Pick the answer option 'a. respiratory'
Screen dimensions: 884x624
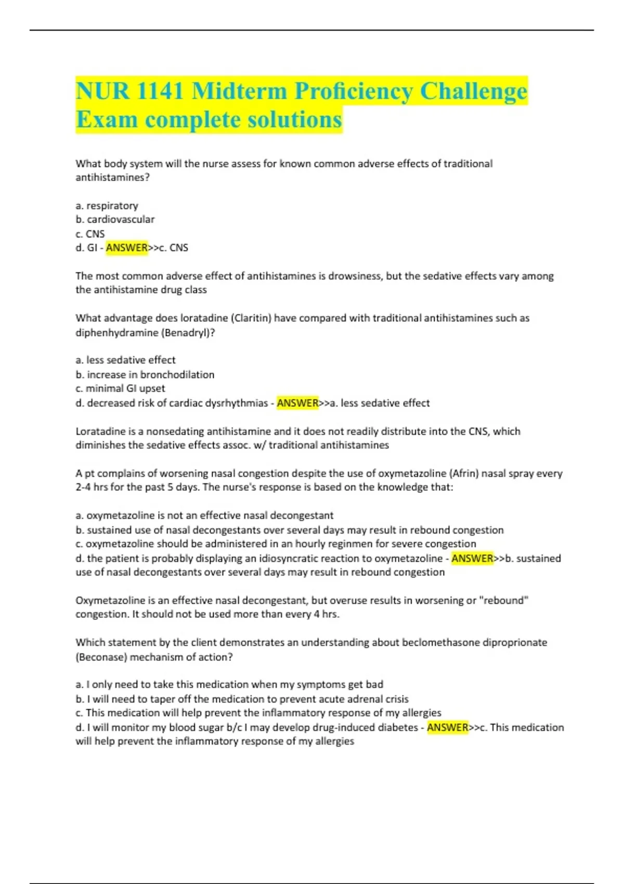[x=107, y=205]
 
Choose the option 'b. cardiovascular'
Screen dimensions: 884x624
[x=115, y=219]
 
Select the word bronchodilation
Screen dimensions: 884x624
[x=177, y=374]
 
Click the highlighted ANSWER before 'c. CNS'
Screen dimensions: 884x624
[x=127, y=248]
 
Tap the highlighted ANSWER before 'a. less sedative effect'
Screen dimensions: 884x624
[x=297, y=403]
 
